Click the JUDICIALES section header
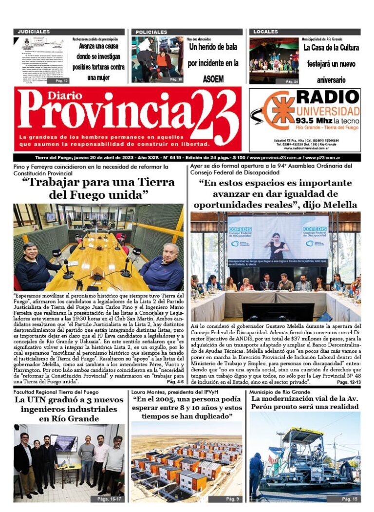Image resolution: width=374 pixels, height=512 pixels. pyautogui.click(x=34, y=32)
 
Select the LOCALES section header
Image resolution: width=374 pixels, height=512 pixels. pyautogui.click(x=265, y=32)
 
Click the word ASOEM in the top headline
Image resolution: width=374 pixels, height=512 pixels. pyautogui.click(x=213, y=78)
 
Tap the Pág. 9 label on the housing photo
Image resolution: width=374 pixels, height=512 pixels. pyautogui.click(x=232, y=499)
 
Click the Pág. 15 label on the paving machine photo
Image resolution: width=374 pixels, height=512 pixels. pyautogui.click(x=349, y=499)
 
